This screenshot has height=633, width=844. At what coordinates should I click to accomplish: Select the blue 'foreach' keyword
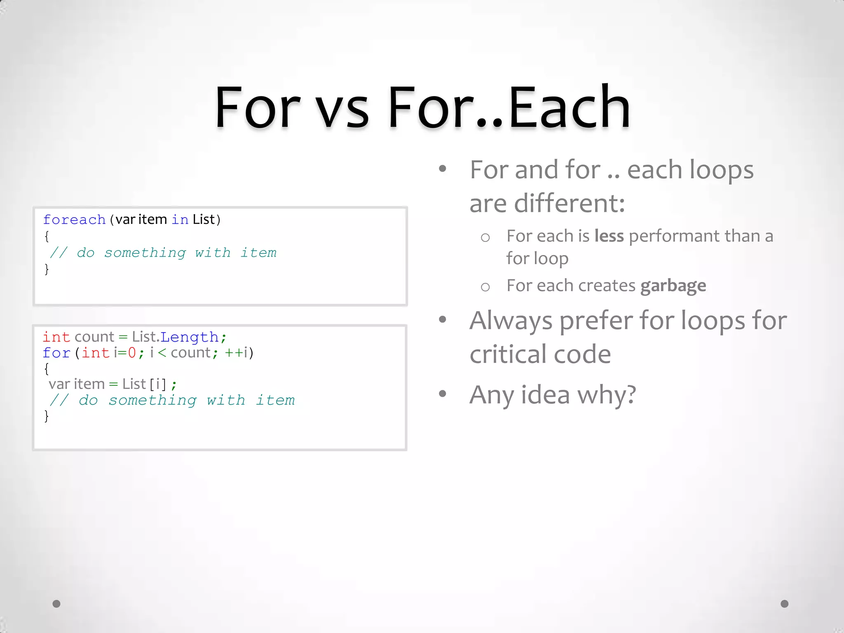74,220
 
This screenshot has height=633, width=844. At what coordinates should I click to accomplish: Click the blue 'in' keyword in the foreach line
180,220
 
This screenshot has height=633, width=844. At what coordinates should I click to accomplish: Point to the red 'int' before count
56,337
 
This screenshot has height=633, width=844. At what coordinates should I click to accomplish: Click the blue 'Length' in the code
189,337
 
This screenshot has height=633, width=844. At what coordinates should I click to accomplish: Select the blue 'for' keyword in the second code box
56,353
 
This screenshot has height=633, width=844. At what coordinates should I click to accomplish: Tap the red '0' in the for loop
132,353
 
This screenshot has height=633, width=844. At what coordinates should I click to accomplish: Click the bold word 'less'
609,236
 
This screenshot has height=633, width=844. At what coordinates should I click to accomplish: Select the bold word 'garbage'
673,286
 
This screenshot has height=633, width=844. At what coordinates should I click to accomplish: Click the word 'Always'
511,321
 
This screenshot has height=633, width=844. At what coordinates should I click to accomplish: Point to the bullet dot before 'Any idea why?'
443,394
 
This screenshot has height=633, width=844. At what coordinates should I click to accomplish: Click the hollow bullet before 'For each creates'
485,287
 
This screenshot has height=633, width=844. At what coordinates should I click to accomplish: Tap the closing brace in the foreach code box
47,269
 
